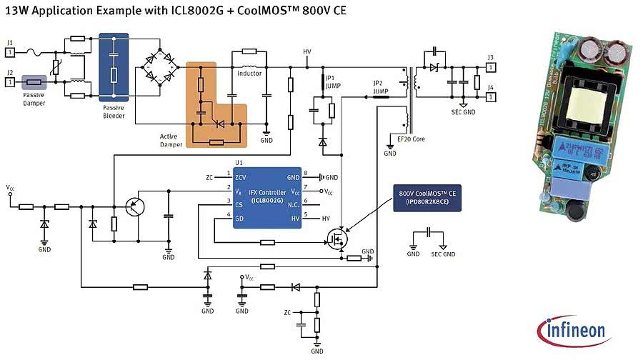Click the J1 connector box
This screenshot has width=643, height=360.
point(10,50)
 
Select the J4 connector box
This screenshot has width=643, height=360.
point(490,96)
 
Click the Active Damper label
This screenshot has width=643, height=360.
point(171,140)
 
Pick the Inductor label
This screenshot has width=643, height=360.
point(249,73)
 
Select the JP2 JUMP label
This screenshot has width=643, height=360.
point(381,87)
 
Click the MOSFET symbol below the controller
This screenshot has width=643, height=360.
point(336,238)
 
